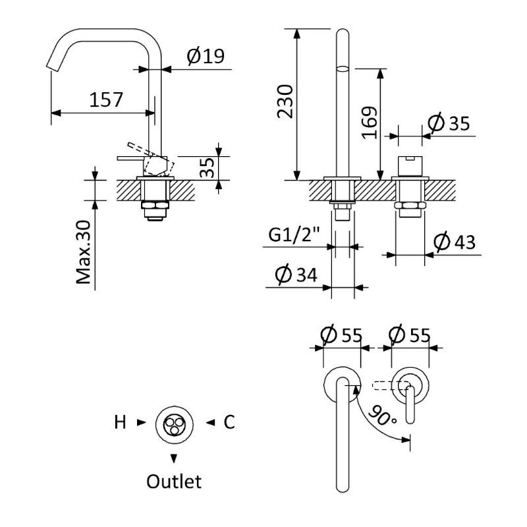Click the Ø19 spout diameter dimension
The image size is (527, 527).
tap(205, 57)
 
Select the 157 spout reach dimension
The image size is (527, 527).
tap(106, 100)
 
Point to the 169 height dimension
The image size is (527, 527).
tap(370, 123)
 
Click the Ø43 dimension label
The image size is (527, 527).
tap(455, 243)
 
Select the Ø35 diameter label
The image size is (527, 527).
tap(451, 123)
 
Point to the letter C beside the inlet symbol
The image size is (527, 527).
tap(229, 422)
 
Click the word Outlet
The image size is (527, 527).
tap(174, 482)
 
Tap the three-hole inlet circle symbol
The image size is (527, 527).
tap(174, 423)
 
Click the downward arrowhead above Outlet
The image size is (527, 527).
tap(174, 457)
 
